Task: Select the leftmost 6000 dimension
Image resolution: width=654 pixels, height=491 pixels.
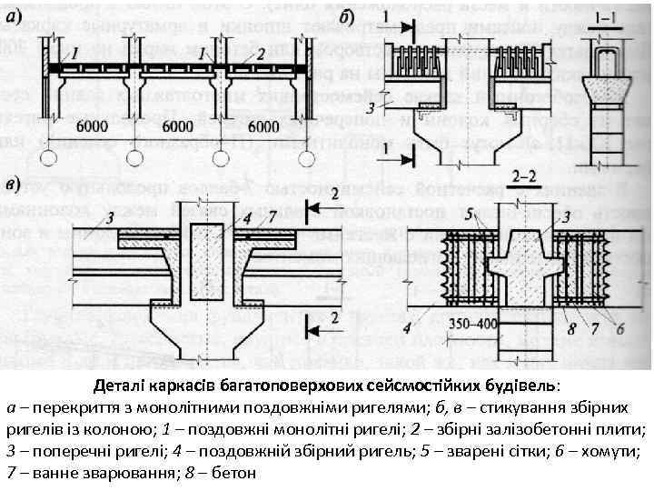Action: (x=97, y=124)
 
